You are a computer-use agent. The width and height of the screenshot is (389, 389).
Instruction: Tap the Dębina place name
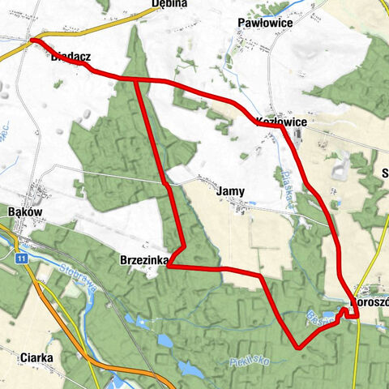[170, 3]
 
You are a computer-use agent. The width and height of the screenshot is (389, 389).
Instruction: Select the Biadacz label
[70, 59]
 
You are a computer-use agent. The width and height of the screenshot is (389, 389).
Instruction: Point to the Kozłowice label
[280, 122]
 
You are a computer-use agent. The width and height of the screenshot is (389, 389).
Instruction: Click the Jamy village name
[231, 192]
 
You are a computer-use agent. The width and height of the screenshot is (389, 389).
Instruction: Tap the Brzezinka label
[143, 260]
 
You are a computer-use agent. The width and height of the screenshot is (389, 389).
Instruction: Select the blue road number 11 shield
[22, 258]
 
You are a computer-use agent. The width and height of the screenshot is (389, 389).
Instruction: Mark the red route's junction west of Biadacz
[32, 40]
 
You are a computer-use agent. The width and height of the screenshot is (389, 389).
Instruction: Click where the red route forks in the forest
[135, 79]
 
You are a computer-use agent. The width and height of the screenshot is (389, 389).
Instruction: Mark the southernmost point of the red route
[297, 348]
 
